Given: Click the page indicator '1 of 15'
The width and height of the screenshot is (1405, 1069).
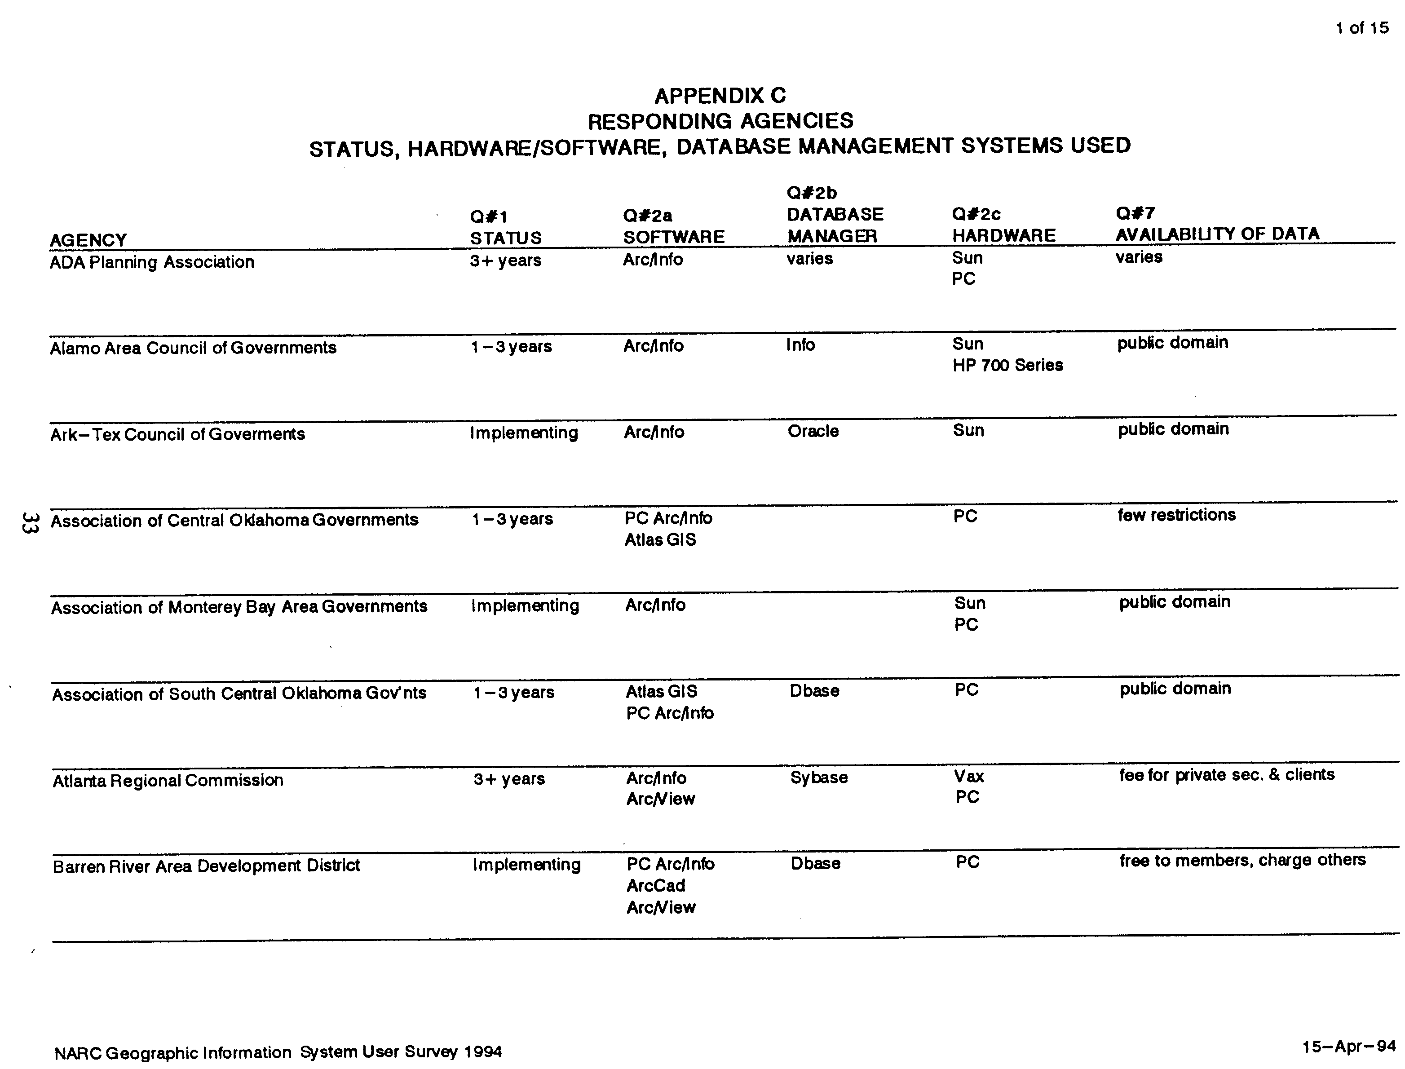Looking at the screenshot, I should click(x=1362, y=28).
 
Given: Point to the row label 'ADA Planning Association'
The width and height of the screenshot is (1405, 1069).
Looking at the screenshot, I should click(x=152, y=262).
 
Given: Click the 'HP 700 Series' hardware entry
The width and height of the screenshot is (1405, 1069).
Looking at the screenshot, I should click(x=1007, y=365).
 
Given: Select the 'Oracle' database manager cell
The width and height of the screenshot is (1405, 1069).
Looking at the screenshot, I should click(x=813, y=431).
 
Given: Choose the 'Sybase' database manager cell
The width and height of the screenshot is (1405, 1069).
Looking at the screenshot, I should click(x=818, y=777).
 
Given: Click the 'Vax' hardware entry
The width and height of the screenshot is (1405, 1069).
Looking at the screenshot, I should click(x=968, y=776).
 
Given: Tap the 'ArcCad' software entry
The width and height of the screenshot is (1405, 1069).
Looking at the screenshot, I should click(x=655, y=886).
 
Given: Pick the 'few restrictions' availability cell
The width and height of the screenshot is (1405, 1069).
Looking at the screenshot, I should click(x=1176, y=515).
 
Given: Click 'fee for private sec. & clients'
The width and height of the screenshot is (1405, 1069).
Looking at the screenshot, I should click(x=1226, y=775).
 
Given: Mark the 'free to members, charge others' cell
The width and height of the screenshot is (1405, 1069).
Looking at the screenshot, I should click(x=1242, y=860).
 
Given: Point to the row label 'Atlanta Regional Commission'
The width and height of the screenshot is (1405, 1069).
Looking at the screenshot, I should click(x=168, y=781).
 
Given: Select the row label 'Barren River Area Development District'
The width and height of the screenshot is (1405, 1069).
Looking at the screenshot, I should click(x=206, y=866).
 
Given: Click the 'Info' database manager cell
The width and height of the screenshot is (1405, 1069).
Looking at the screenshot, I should click(x=800, y=345).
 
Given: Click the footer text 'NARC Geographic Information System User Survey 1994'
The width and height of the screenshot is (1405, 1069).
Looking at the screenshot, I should click(x=278, y=1052).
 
